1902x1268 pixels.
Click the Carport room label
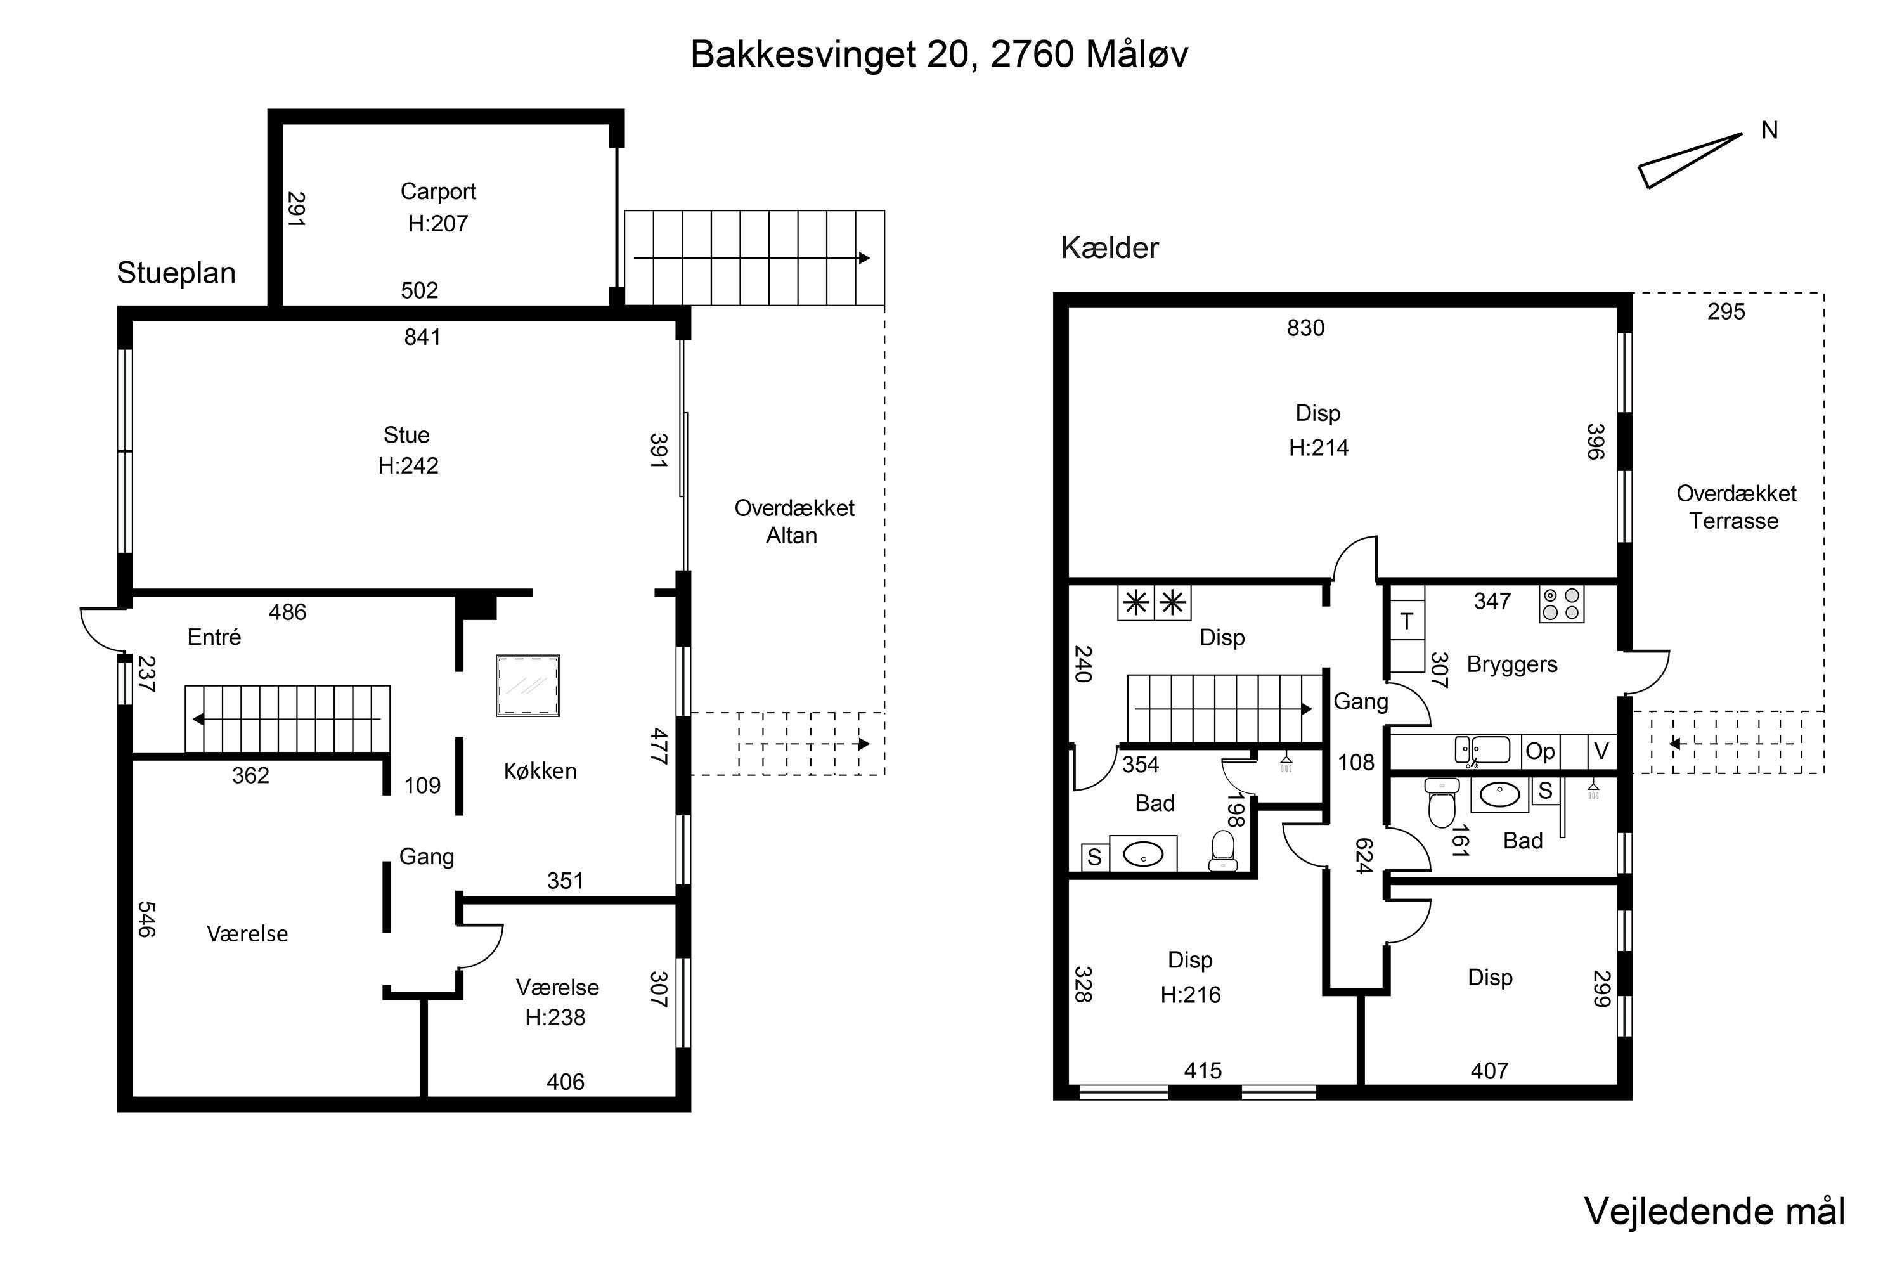438,191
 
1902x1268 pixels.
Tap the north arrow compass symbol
1690,160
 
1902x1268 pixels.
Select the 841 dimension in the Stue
422,337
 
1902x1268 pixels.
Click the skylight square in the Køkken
528,686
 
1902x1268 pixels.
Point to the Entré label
214,637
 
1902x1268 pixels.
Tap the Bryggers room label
1511,664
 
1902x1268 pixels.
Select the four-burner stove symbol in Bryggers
1562,604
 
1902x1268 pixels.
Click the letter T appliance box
1407,621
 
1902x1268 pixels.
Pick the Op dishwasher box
1541,751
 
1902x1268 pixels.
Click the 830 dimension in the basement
1306,328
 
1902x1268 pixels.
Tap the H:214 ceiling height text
1319,448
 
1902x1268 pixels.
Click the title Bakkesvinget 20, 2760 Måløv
939,55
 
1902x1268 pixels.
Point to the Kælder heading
1109,249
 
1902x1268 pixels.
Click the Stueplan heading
176,273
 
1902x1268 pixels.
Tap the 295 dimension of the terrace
1726,311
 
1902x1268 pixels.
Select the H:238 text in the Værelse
555,1018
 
